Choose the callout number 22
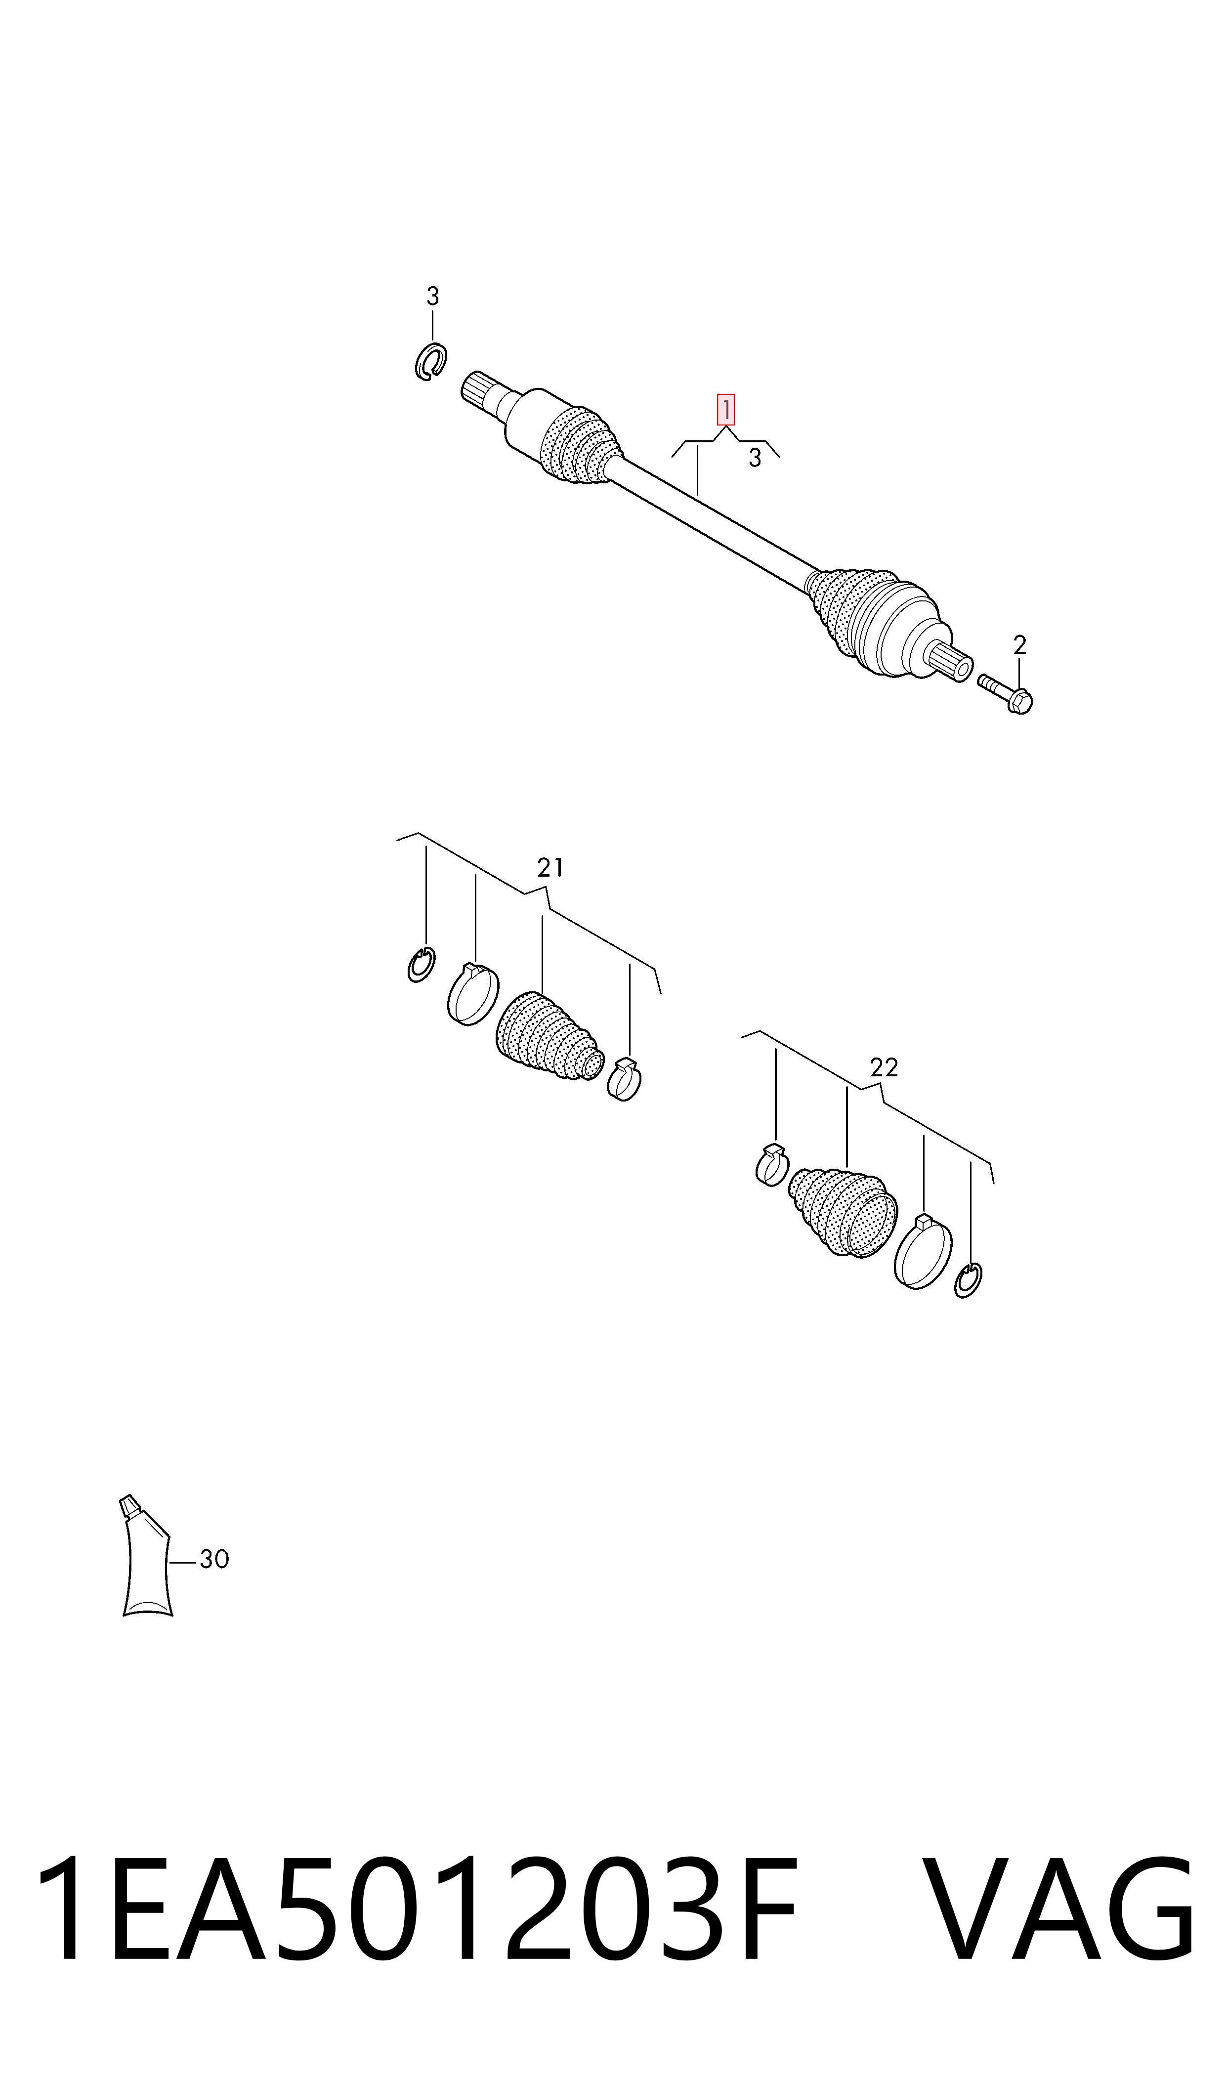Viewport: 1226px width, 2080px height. (x=883, y=1068)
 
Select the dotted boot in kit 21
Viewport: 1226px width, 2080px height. (x=548, y=1037)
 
